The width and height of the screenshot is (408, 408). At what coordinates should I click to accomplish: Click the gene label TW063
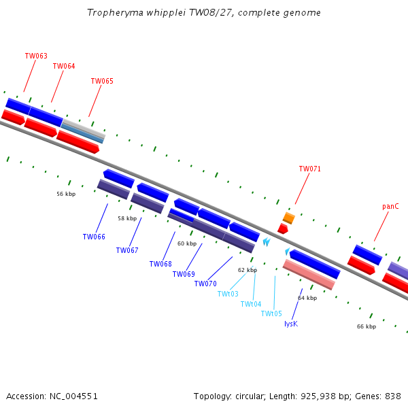[36, 56]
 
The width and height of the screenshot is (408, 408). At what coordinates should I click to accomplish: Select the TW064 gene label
[64, 67]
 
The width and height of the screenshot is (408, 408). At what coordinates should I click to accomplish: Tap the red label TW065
[102, 82]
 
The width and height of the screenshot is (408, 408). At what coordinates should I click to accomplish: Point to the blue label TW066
[94, 237]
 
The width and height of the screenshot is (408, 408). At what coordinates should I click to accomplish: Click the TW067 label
[127, 251]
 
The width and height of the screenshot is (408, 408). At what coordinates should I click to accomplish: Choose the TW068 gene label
[160, 265]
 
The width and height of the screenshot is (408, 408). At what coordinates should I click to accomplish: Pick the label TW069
[184, 275]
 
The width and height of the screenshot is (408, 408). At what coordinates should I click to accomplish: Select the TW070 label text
[205, 284]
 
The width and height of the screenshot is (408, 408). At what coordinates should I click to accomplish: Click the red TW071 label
[310, 169]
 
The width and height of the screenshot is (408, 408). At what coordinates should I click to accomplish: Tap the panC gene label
[390, 207]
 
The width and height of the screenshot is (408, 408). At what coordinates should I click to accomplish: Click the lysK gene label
[291, 324]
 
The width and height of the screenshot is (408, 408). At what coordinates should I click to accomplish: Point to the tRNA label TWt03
[228, 294]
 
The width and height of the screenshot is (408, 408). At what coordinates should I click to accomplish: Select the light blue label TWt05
[271, 314]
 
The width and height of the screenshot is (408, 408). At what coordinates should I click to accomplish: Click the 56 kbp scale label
[66, 194]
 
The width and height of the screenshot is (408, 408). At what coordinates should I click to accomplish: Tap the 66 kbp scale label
[367, 327]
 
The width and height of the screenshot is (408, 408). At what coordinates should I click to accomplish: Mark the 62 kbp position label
[248, 271]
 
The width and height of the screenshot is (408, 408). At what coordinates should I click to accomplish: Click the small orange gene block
[289, 218]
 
